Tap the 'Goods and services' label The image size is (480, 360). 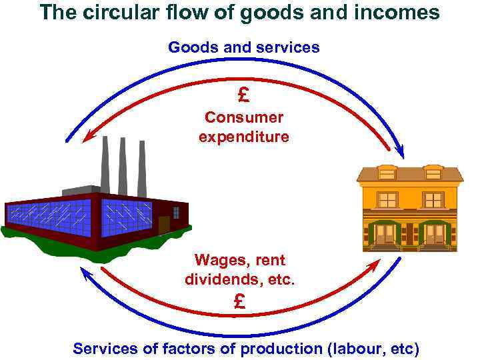pos(243,47)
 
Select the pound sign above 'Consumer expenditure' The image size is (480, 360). pos(243,95)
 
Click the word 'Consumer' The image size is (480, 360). pos(244,118)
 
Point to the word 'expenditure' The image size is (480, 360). pos(244,137)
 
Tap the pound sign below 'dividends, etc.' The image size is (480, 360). pos(240,302)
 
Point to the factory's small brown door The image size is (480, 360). pos(163,224)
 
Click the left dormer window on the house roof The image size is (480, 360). pos(387,172)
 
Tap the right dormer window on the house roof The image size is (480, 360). pos(433,172)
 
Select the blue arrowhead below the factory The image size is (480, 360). pos(83,271)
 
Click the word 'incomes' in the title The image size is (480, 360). pos(403,13)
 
